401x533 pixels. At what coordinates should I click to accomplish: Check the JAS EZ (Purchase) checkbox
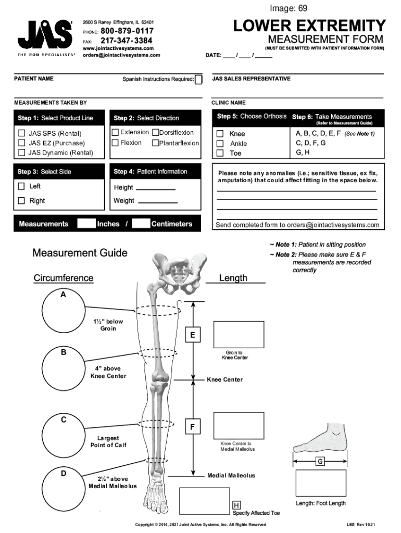coord(22,143)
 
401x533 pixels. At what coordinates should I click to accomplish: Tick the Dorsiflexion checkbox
coord(155,133)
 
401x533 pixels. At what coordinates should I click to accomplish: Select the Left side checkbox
coord(21,186)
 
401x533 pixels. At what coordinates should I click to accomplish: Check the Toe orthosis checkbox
coord(220,154)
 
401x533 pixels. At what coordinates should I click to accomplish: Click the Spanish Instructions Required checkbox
coord(198,80)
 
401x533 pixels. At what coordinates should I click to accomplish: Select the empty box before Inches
coord(86,224)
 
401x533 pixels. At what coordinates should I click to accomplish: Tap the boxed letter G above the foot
coord(320,461)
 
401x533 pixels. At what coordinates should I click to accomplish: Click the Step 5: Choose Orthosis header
coord(252,117)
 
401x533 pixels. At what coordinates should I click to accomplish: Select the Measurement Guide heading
coord(80,253)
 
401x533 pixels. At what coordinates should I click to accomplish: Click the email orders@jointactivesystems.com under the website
coord(122,55)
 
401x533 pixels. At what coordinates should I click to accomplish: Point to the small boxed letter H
coord(236,505)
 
